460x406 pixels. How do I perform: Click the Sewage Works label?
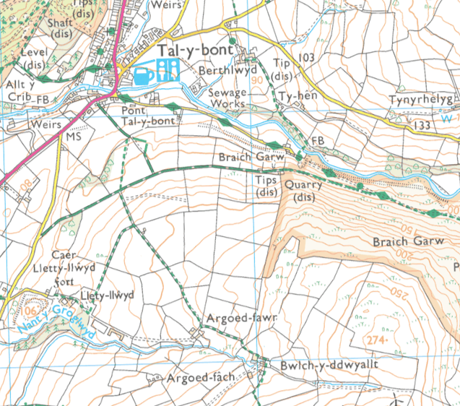[227, 98]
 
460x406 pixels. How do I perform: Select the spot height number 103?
[306, 57]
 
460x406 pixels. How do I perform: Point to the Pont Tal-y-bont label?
[148, 116]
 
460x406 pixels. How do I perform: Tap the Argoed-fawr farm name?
[233, 319]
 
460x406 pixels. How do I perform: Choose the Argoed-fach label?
[195, 379]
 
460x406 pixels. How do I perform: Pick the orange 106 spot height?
[28, 311]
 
